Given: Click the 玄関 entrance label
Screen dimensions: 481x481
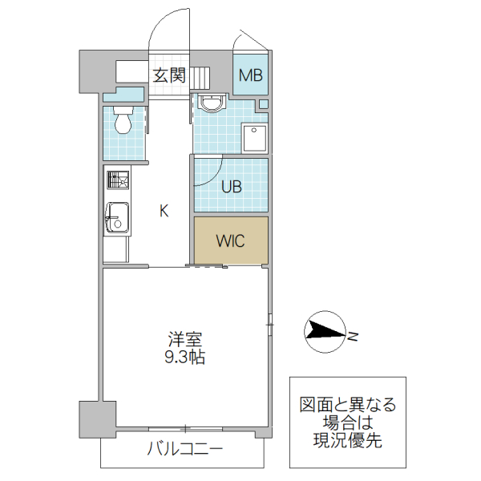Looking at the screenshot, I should [169, 76].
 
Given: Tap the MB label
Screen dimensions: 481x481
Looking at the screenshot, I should [251, 77].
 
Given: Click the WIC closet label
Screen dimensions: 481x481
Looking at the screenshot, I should [231, 240].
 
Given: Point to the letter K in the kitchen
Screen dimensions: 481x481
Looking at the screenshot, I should [164, 212].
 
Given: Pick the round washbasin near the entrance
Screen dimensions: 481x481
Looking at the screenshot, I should [212, 103].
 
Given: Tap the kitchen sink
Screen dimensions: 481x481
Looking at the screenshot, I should [117, 216].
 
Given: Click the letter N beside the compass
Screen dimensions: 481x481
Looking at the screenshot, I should [353, 334].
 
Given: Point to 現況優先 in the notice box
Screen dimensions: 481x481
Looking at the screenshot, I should [347, 439].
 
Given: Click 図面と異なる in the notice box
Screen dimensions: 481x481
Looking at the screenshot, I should [347, 404].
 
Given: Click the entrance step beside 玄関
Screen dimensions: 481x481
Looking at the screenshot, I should [199, 78].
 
